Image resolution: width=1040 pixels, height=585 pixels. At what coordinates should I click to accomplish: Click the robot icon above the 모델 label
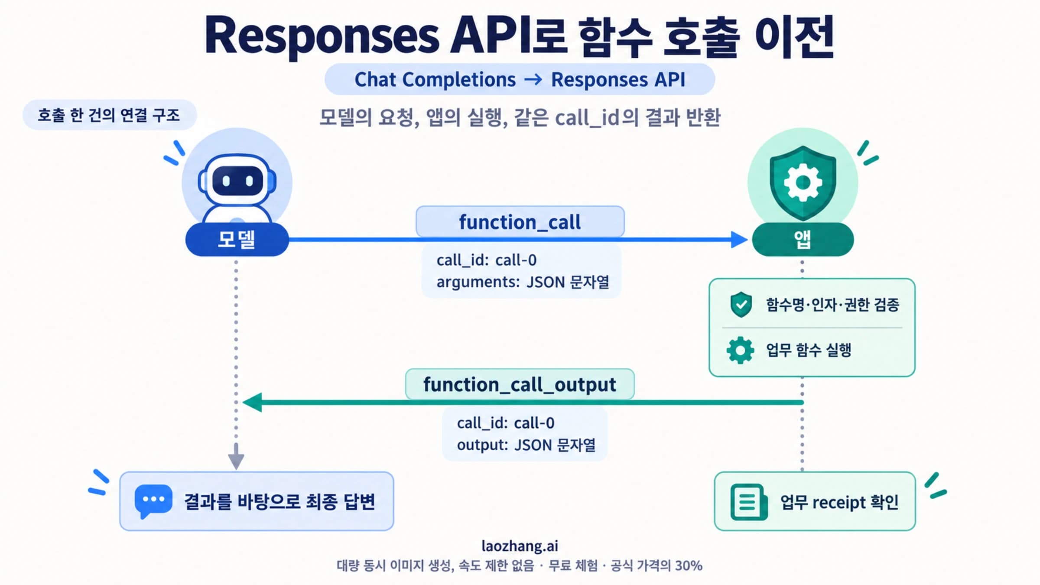click(x=237, y=188)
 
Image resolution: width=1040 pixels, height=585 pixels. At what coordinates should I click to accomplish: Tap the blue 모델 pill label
click(x=237, y=239)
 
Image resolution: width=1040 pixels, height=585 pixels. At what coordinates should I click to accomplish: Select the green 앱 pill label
click(x=803, y=239)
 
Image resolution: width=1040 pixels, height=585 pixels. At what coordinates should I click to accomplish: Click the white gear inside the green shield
click(x=803, y=182)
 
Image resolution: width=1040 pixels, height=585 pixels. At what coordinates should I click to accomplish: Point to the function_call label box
click(x=520, y=222)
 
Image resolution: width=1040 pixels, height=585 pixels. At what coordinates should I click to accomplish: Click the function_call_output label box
click(x=520, y=384)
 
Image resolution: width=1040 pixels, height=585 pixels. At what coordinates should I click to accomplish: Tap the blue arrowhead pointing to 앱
click(x=739, y=239)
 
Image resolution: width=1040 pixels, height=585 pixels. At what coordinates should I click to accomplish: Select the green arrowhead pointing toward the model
click(x=252, y=402)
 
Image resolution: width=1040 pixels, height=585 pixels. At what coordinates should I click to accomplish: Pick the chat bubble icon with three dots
click(x=153, y=501)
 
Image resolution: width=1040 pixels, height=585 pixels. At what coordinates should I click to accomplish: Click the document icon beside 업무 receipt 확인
click(x=749, y=502)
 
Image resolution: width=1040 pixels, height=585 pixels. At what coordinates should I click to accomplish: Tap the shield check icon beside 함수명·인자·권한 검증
click(x=741, y=304)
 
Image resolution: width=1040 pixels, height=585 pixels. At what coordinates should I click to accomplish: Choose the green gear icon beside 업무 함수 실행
click(x=740, y=350)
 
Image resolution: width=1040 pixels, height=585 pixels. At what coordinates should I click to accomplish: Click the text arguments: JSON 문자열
click(x=523, y=282)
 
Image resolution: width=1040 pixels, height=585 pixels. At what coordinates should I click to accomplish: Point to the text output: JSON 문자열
click(x=526, y=445)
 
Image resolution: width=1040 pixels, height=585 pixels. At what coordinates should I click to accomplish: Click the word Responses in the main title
click(x=322, y=37)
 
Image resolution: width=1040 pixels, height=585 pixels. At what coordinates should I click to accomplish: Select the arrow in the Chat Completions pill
click(x=533, y=80)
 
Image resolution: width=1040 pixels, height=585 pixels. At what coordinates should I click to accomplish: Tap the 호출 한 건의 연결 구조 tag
click(x=109, y=115)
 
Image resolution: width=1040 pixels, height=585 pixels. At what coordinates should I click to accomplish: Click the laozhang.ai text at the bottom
click(x=520, y=546)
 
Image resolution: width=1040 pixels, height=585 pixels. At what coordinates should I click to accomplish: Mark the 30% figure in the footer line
click(x=689, y=565)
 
